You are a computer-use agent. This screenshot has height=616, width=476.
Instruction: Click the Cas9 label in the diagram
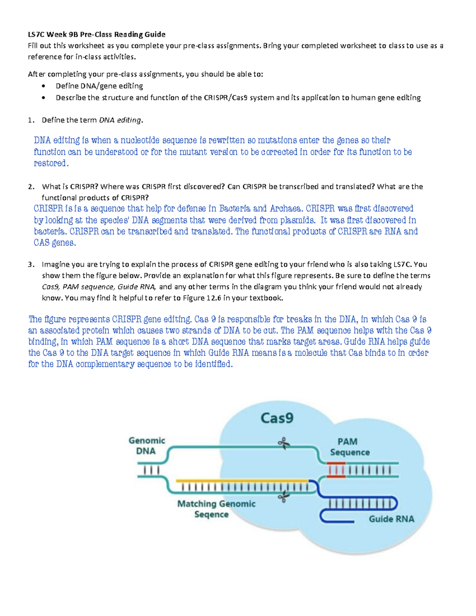[x=277, y=418]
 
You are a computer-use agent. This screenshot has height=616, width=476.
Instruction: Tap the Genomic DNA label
[x=146, y=446]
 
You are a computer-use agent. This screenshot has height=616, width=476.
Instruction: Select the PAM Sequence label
[x=349, y=447]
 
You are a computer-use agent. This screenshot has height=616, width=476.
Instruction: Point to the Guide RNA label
[x=391, y=519]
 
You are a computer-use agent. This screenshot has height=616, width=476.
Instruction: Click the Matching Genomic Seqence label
[x=216, y=509]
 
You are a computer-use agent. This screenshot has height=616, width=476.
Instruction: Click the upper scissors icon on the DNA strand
[x=284, y=444]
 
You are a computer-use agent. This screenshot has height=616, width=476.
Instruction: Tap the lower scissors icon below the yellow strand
[x=283, y=497]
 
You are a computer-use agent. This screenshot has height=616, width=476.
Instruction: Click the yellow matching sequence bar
[x=242, y=480]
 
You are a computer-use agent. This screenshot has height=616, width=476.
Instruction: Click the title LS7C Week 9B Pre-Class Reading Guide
[x=96, y=34]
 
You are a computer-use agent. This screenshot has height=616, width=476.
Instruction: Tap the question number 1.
[x=31, y=120]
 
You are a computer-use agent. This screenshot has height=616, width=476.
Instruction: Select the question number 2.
[x=31, y=187]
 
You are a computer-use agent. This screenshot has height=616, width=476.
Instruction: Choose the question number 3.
[x=31, y=264]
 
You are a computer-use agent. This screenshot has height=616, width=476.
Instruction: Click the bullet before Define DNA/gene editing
[x=43, y=86]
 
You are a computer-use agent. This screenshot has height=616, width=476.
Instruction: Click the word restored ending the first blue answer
[x=50, y=163]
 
